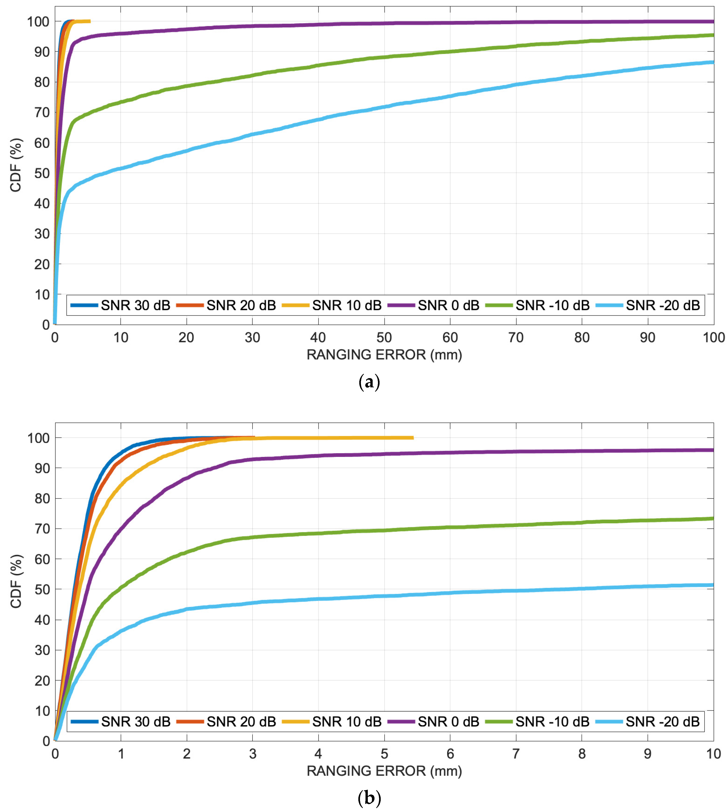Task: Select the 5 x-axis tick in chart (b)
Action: point(384,754)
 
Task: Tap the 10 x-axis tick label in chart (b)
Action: point(713,754)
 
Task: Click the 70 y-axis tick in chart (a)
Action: point(41,113)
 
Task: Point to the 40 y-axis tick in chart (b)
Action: point(41,620)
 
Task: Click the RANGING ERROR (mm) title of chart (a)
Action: point(384,355)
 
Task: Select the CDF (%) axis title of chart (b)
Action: point(16,581)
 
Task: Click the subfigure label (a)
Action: point(369,382)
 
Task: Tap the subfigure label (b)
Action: point(369,798)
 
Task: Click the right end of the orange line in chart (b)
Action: point(254,437)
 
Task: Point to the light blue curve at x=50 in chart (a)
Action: point(384,107)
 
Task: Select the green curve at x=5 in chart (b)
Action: point(384,530)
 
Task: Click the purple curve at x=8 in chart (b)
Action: point(582,451)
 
